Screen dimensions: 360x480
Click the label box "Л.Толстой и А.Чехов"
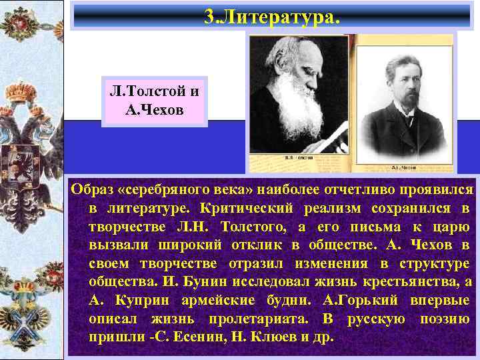point(155,101)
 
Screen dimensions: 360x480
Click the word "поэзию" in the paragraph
point(445,318)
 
